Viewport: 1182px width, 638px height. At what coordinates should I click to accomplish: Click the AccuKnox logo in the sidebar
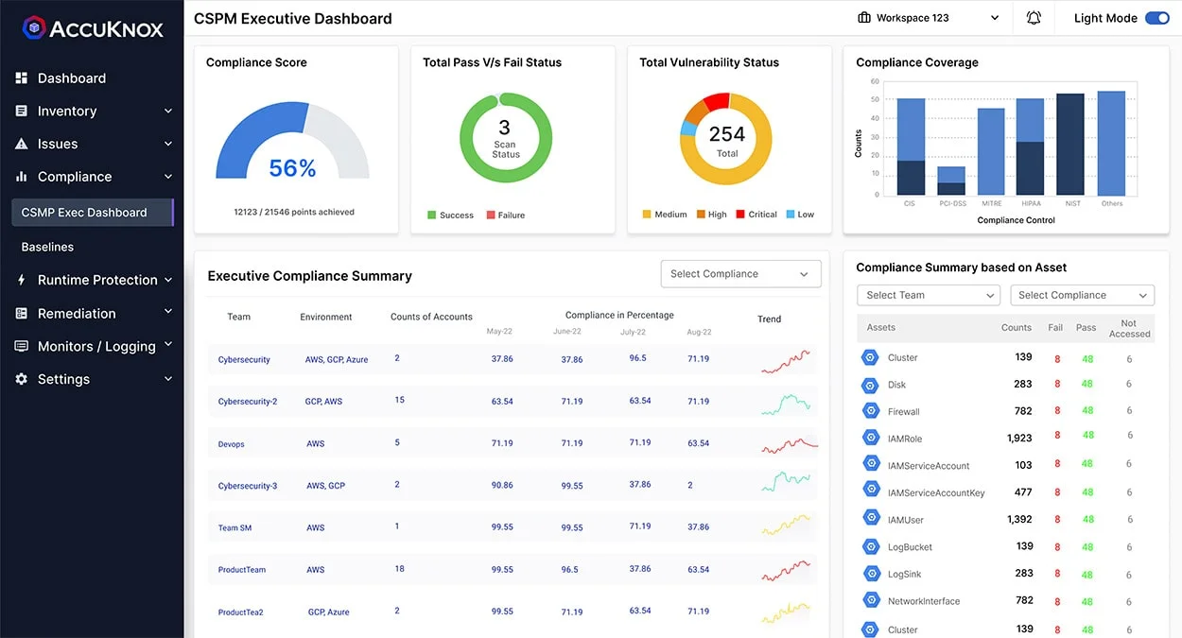[x=94, y=28]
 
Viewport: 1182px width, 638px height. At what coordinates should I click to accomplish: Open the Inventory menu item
[x=67, y=112]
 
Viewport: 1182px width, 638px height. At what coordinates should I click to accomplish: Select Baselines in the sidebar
[x=47, y=247]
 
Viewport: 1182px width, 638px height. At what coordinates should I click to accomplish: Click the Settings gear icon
[x=22, y=379]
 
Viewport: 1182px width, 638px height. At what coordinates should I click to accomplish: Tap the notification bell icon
[x=1034, y=18]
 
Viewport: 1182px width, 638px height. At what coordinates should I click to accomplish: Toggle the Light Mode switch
[x=1156, y=18]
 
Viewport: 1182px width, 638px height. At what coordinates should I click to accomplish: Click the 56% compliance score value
[x=292, y=168]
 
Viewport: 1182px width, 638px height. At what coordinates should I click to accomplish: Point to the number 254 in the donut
[x=726, y=134]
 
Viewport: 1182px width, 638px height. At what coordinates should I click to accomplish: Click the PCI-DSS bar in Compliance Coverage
[x=951, y=181]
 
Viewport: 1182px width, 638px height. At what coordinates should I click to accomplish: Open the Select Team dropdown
[x=928, y=295]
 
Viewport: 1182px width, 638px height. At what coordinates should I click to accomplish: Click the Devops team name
[x=231, y=444]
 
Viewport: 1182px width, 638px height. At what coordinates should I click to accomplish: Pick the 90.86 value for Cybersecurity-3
[x=502, y=485]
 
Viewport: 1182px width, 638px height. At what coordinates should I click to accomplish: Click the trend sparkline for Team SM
[x=787, y=526]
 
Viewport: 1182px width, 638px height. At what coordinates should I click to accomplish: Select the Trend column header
[x=769, y=319]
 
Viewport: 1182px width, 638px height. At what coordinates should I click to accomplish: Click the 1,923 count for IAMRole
[x=1019, y=438]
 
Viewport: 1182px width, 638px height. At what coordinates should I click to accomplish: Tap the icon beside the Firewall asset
[x=870, y=411]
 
